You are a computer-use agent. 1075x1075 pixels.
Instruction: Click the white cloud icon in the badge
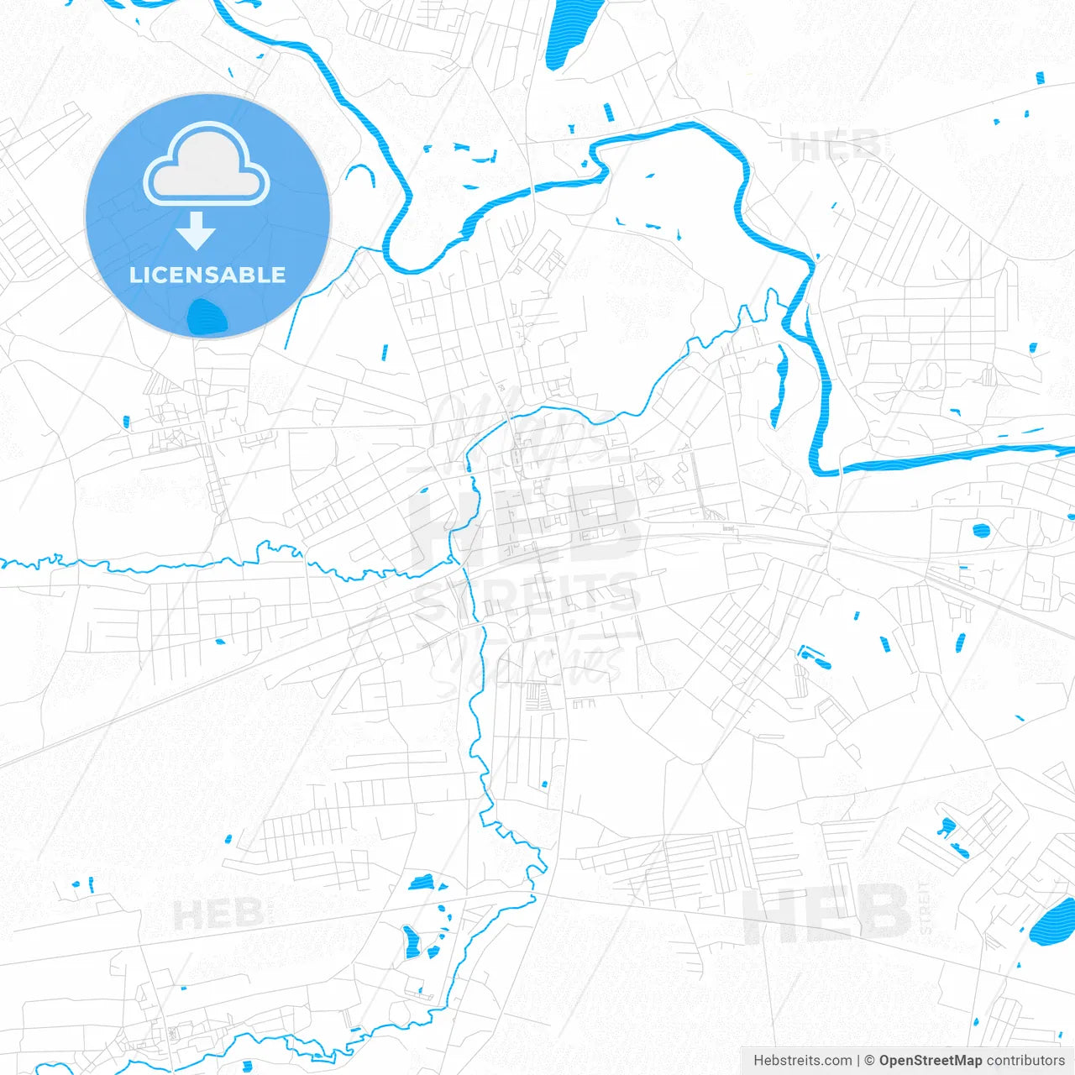pos(207,165)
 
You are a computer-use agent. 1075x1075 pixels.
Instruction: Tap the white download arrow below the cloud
pos(196,232)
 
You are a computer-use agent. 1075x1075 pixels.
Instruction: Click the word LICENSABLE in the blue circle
pos(207,275)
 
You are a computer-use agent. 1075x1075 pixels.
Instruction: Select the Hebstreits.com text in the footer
pos(802,1061)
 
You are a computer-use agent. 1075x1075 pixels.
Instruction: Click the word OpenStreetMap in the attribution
pos(930,1061)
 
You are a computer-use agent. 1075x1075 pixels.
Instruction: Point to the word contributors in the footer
pos(1025,1061)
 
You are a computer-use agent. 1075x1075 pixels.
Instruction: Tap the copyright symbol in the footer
pos(869,1061)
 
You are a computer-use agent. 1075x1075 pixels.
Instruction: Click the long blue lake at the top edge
pos(569,34)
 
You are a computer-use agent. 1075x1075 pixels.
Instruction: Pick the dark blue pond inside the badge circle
pos(207,318)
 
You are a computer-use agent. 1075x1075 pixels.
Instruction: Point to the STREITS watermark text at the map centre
pos(527,594)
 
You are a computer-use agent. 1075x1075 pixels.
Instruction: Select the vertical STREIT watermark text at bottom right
pos(926,907)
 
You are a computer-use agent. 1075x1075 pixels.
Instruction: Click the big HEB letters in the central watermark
pos(525,525)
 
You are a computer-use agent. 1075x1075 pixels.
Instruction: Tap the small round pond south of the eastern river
pos(980,530)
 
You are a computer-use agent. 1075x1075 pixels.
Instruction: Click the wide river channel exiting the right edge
pos(966,456)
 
